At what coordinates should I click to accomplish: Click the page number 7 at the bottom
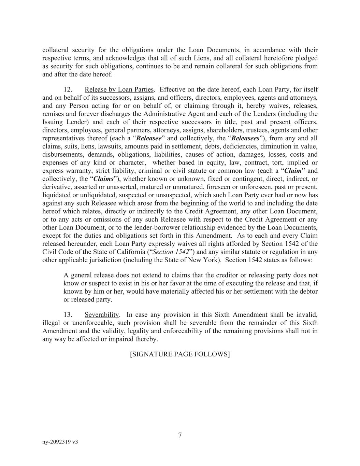pos(180,435)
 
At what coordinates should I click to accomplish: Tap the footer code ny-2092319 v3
pos(60,442)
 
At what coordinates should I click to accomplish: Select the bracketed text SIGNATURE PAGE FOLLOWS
pos(180,354)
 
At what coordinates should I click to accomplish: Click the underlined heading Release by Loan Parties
pos(119,89)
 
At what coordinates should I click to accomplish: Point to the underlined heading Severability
pos(102,314)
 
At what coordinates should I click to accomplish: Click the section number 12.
pos(68,89)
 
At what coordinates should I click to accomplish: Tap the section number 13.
pos(68,314)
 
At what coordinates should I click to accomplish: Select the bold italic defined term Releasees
pos(245,138)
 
